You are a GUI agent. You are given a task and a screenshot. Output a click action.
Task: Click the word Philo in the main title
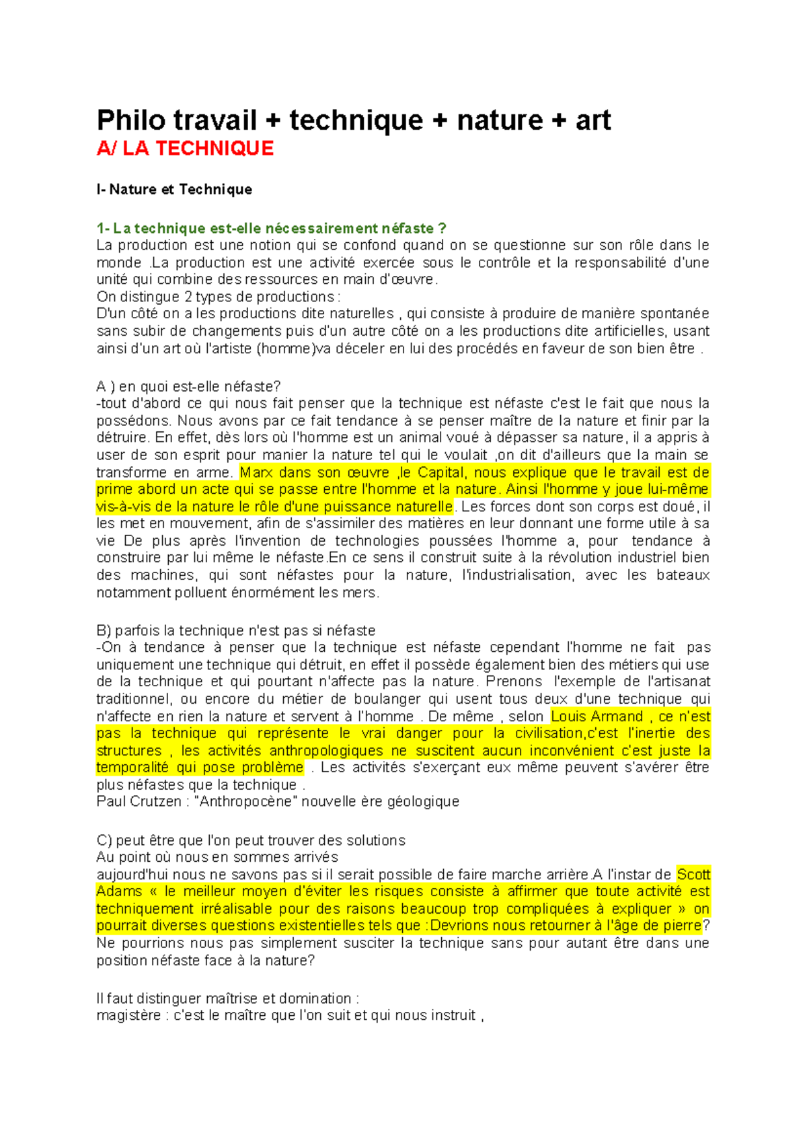click(x=131, y=121)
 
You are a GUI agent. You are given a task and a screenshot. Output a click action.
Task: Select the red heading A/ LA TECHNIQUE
click(x=185, y=149)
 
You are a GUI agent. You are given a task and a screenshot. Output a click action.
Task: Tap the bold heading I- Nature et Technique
click(x=174, y=190)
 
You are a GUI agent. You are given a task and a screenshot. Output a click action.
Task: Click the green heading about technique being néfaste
click(x=271, y=229)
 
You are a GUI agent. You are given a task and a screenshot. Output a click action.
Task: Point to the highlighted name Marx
click(x=256, y=472)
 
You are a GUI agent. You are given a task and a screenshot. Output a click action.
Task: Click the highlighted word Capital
click(x=441, y=472)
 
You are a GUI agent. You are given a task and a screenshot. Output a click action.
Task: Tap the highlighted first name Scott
click(x=693, y=875)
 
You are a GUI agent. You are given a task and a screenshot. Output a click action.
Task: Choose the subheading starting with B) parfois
click(x=235, y=631)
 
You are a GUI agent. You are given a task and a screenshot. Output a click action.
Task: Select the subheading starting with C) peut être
click(x=251, y=840)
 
